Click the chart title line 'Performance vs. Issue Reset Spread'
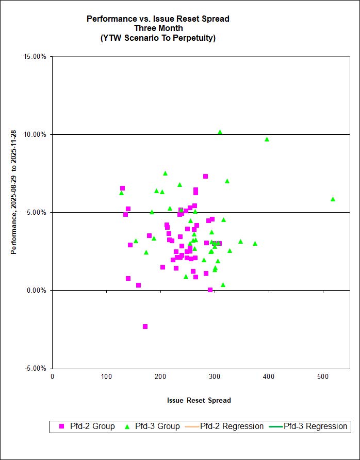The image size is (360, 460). (158, 19)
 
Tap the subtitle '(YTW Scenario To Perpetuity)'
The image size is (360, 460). (158, 38)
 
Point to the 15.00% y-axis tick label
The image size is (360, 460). (36, 56)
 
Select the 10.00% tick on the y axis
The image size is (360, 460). (36, 134)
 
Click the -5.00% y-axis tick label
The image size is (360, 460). (36, 368)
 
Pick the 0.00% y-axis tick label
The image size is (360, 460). (37, 290)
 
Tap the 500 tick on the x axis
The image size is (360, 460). (323, 376)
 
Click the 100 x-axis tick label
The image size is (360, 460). (106, 376)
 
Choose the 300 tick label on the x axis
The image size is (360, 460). (215, 376)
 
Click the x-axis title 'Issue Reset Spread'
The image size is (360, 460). (199, 400)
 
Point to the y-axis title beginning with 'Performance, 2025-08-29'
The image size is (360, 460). (14, 213)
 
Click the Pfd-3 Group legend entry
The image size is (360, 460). (153, 426)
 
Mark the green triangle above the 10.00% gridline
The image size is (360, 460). (220, 132)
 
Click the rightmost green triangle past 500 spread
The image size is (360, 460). (333, 199)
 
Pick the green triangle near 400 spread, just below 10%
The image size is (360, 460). (267, 139)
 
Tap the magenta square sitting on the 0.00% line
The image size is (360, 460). (210, 290)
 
